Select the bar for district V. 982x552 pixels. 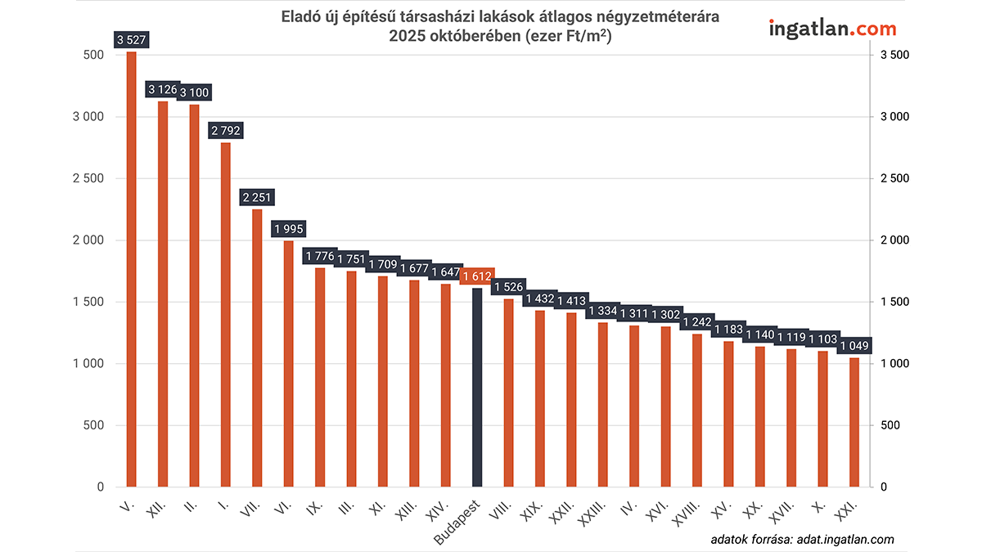pyautogui.click(x=131, y=270)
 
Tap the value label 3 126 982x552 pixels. pyautogui.click(x=163, y=89)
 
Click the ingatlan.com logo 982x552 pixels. pyautogui.click(x=832, y=29)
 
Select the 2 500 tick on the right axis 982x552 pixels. pyautogui.click(x=894, y=178)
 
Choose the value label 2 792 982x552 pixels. pyautogui.click(x=226, y=131)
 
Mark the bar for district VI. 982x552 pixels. pyautogui.click(x=288, y=363)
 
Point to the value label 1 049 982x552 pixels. pyautogui.click(x=854, y=346)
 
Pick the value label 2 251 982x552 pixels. pyautogui.click(x=257, y=197)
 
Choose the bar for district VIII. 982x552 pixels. pyautogui.click(x=508, y=393)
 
